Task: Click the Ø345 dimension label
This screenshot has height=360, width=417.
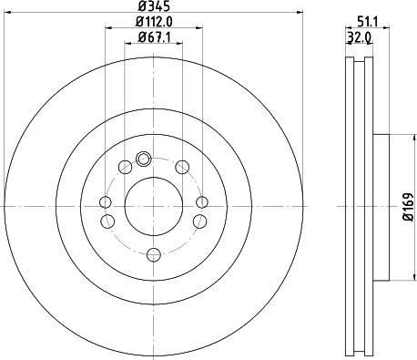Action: point(153,5)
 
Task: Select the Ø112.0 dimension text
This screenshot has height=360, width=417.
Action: point(154,21)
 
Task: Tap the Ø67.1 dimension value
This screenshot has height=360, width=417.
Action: point(154,37)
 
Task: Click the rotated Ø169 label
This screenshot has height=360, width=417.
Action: point(409,207)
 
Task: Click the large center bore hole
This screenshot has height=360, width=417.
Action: point(154,206)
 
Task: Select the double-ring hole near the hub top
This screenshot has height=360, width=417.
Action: point(143,159)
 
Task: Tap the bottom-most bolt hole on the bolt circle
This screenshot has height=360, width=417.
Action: point(153,254)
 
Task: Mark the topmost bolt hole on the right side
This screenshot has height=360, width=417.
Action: point(182,167)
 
